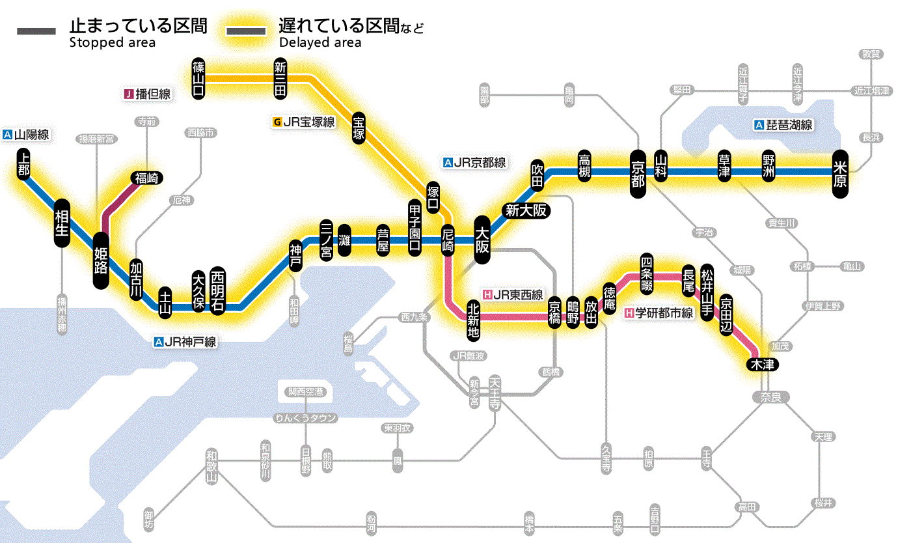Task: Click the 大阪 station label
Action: (x=483, y=240)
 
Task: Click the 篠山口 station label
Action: (x=199, y=78)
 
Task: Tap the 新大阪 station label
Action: (x=525, y=210)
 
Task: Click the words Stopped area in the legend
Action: (x=112, y=43)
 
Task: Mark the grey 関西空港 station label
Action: (x=306, y=392)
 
